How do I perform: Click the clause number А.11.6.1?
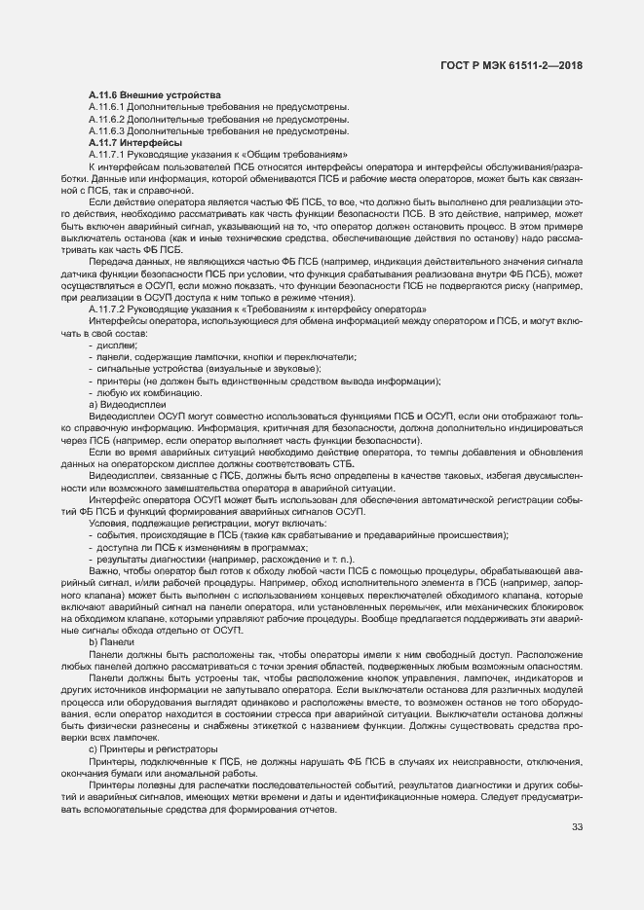(x=106, y=106)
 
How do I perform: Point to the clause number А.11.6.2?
(x=106, y=119)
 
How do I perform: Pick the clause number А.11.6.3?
(x=106, y=130)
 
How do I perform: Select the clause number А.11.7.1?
(x=106, y=155)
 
